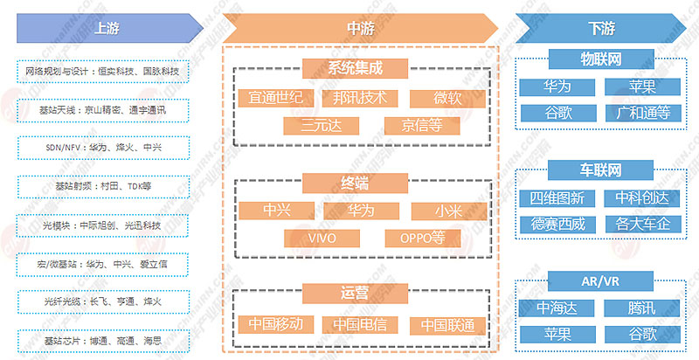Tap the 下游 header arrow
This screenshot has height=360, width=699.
coord(603,27)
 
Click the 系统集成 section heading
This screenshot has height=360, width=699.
coord(356,68)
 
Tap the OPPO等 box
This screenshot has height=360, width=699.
coord(422,238)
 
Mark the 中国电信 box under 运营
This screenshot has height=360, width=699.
coord(359,324)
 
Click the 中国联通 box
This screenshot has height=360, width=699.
coord(446,324)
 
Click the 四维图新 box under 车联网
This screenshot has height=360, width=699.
coord(557,197)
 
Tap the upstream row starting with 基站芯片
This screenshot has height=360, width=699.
coord(103,339)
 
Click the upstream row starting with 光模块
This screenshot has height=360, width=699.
coord(103,225)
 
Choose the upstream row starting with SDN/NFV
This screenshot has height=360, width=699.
coord(103,148)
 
